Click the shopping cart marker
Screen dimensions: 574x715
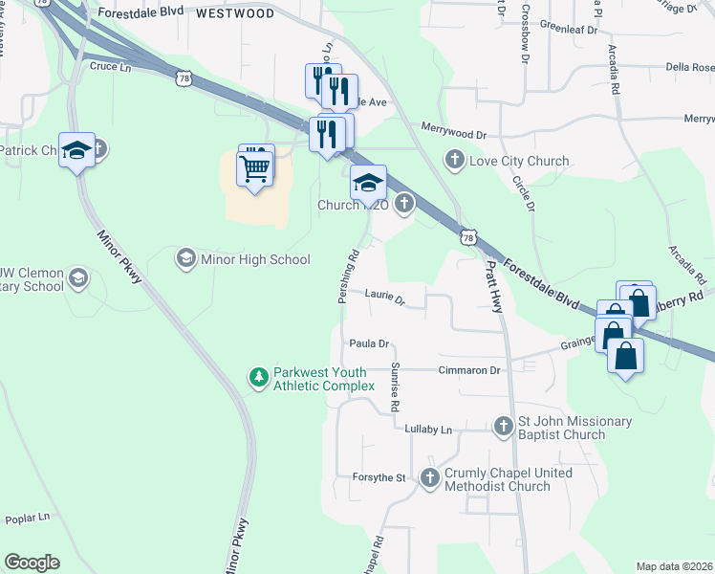coord(254,170)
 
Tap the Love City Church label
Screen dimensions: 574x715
coord(518,161)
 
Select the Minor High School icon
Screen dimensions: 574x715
coord(185,258)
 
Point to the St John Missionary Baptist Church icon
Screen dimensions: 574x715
coord(504,427)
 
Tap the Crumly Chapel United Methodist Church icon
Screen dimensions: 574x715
coord(430,478)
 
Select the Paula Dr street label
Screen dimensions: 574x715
coord(369,343)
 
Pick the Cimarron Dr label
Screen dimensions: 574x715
coord(469,370)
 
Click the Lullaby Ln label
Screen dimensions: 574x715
coord(427,430)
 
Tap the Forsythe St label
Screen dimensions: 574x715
coord(382,477)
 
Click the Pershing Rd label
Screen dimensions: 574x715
coord(347,277)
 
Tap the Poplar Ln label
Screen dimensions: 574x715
coord(27,519)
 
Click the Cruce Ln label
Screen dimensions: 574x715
coord(110,67)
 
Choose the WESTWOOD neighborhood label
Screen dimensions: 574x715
coord(234,14)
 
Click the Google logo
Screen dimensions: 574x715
coord(32,563)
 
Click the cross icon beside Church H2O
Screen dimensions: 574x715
coord(404,203)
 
